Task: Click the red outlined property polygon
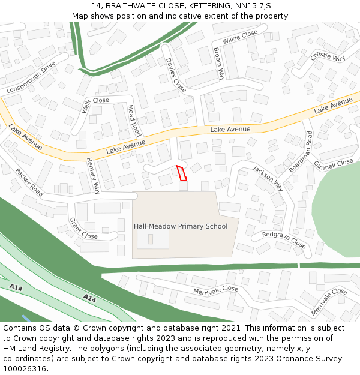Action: click(181, 173)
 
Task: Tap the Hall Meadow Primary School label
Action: click(181, 226)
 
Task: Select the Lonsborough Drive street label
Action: click(31, 76)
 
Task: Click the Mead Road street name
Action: click(134, 121)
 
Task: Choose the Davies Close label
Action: click(176, 75)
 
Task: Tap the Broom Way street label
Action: click(219, 64)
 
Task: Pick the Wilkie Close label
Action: click(240, 37)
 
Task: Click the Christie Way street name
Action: click(328, 56)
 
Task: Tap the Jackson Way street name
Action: click(268, 178)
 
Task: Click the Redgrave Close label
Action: click(284, 240)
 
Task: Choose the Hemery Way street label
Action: click(94, 176)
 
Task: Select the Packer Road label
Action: click(29, 182)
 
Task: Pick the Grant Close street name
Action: click(83, 228)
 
